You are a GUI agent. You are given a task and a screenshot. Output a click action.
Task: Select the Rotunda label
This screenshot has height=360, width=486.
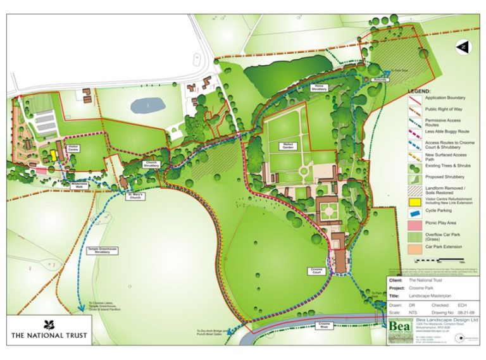tap(379, 80)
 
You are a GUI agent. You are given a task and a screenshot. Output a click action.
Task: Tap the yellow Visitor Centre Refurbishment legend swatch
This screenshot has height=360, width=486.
tap(415, 201)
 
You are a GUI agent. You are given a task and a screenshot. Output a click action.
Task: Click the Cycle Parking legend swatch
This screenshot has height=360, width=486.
tap(415, 213)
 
